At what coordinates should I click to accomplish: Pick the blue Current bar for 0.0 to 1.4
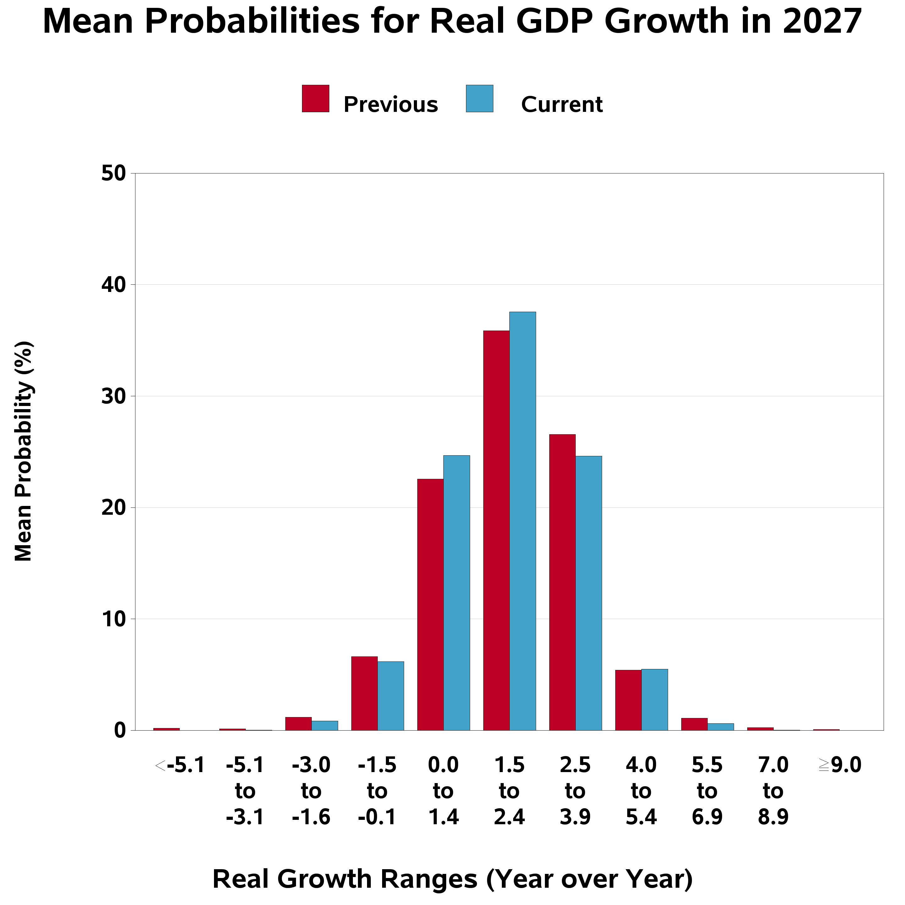[x=456, y=593]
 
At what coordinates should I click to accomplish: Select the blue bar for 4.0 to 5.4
[x=654, y=699]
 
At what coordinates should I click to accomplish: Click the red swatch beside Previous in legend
[x=315, y=98]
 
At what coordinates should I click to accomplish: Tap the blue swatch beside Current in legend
[x=479, y=98]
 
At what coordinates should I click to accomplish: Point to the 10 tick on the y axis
[x=114, y=619]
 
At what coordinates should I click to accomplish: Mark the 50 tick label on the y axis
[x=114, y=174]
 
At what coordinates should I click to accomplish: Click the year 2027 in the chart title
[x=822, y=22]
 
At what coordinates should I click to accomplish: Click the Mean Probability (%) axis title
[x=24, y=451]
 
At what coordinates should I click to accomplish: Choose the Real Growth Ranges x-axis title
[x=452, y=879]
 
